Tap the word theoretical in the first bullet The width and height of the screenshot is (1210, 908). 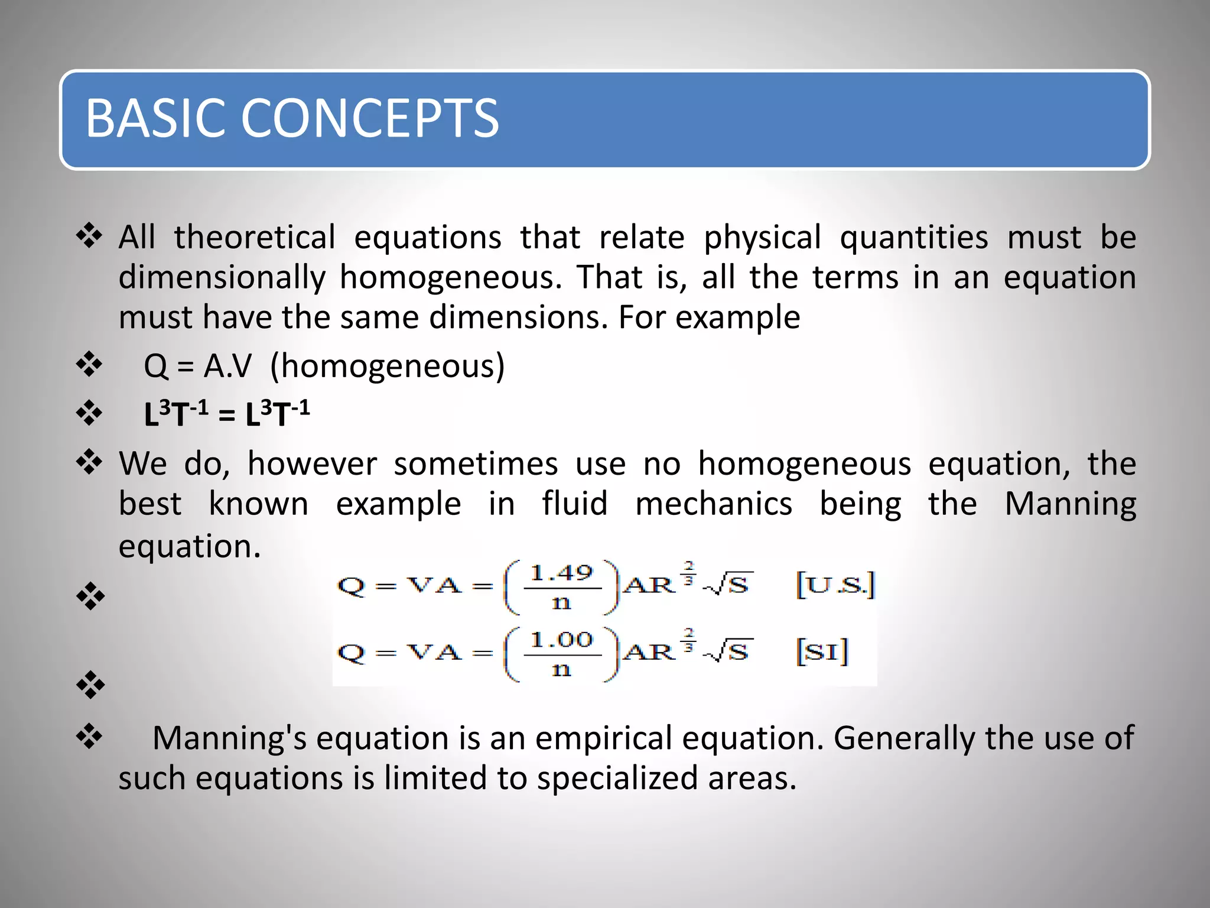point(255,238)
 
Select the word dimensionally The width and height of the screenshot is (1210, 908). point(222,278)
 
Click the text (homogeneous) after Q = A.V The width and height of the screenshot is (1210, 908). point(387,366)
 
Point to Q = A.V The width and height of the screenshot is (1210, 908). point(197,366)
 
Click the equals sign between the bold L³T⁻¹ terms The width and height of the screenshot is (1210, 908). point(227,415)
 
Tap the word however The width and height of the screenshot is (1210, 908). point(312,463)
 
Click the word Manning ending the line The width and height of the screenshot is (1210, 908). point(1070,504)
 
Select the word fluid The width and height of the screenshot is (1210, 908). point(574,504)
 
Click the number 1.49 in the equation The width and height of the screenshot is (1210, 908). point(561,572)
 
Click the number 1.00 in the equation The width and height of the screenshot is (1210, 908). point(561,640)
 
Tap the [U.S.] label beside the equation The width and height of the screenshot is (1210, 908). point(835,585)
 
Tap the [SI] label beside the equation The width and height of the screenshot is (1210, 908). point(822,651)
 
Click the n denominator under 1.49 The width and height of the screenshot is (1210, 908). point(561,603)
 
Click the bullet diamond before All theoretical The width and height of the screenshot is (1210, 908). point(89,236)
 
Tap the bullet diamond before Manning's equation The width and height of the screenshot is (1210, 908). point(89,737)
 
